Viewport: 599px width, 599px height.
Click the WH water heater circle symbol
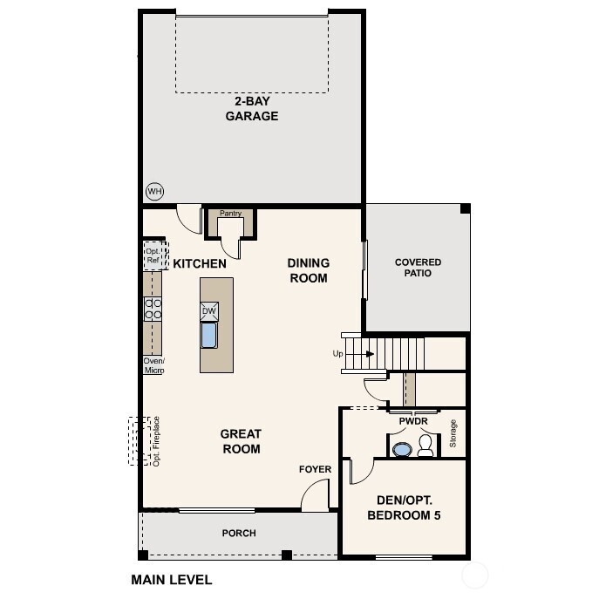154,191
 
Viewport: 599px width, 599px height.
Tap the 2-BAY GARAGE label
252,109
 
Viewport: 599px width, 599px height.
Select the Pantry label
230,214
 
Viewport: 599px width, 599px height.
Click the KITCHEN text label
200,263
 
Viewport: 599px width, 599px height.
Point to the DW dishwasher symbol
209,311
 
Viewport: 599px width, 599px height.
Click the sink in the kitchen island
209,335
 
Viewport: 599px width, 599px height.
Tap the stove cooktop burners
153,308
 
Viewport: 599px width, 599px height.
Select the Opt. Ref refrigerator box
153,255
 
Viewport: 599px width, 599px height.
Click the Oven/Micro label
153,365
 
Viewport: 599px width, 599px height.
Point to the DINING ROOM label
308,270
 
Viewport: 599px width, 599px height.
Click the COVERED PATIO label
418,268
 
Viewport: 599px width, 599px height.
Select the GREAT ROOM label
241,441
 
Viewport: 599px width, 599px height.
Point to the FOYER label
315,469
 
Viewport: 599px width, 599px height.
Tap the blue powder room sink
402,450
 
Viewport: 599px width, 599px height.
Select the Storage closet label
453,434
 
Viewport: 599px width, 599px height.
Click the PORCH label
239,533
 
